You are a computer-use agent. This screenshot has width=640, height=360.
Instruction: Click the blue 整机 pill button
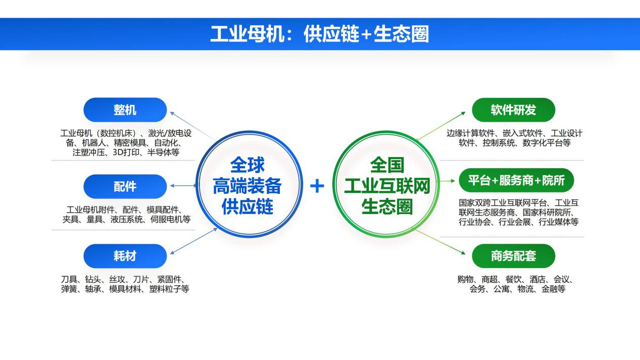pyautogui.click(x=125, y=110)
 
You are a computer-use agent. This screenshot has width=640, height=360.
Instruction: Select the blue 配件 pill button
pyautogui.click(x=125, y=186)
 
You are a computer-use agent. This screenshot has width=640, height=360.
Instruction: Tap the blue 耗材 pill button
pyautogui.click(x=125, y=256)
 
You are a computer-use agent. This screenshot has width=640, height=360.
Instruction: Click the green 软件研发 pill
pyautogui.click(x=513, y=110)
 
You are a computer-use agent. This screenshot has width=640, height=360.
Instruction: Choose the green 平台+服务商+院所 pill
pyautogui.click(x=516, y=180)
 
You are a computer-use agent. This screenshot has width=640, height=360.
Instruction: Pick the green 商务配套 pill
pyautogui.click(x=513, y=256)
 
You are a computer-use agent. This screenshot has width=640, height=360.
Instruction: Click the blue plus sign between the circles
pyautogui.click(x=317, y=186)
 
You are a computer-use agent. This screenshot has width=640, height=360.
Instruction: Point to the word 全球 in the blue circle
pyautogui.click(x=248, y=165)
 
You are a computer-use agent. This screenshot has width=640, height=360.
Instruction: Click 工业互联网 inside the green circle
pyautogui.click(x=387, y=186)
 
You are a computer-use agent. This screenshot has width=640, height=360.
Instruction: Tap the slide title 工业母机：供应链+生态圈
pyautogui.click(x=319, y=34)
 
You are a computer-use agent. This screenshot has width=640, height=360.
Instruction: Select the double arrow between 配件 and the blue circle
pyautogui.click(x=183, y=186)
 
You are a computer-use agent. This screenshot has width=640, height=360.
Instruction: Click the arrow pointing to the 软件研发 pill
pyautogui.click(x=441, y=126)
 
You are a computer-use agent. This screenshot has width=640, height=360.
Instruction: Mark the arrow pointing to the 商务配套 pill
pyautogui.click(x=440, y=242)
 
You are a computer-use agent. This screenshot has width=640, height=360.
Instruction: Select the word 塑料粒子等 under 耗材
pyautogui.click(x=169, y=289)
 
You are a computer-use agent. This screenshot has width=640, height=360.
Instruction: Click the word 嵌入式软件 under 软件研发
pyautogui.click(x=523, y=133)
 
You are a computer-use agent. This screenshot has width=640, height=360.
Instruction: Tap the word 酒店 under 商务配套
pyautogui.click(x=537, y=279)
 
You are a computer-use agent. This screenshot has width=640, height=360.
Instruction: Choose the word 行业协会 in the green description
pyautogui.click(x=475, y=222)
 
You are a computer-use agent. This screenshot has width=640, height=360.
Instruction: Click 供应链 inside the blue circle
pyautogui.click(x=248, y=207)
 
